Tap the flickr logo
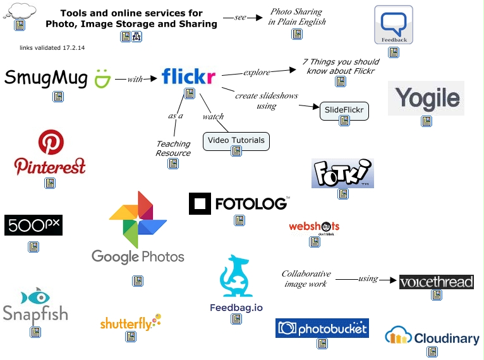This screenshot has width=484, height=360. (188, 76)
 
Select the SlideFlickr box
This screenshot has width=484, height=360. (344, 110)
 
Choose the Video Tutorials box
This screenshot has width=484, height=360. (236, 140)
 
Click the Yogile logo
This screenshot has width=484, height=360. (427, 98)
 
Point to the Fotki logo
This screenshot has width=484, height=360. (342, 173)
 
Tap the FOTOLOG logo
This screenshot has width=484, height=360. (239, 203)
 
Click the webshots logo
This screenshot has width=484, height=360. (314, 226)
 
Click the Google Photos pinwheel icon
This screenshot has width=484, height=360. (138, 219)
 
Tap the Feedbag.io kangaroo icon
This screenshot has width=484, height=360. (236, 277)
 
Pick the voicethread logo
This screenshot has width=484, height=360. (436, 282)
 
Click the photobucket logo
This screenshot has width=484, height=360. (322, 328)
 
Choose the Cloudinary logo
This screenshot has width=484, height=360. (432, 337)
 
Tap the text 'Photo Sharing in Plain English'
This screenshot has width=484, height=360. (296, 16)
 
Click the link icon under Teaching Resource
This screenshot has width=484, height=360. (172, 164)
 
